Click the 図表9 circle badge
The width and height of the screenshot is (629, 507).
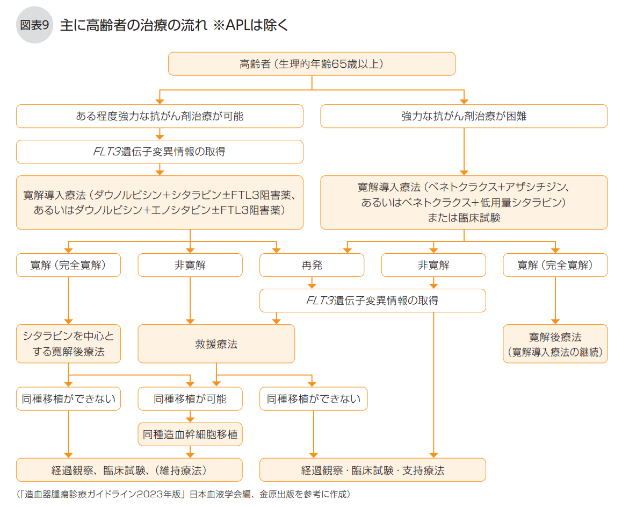click(x=35, y=25)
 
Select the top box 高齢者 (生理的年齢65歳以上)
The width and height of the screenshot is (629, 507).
click(x=312, y=63)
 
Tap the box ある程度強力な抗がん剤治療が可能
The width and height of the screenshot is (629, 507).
click(x=160, y=116)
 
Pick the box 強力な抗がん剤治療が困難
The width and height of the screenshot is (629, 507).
click(x=464, y=116)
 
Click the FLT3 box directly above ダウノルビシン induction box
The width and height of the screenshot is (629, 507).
click(x=160, y=152)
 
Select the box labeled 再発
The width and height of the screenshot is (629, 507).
click(x=312, y=265)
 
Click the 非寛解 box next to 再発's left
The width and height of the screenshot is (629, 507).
click(x=190, y=265)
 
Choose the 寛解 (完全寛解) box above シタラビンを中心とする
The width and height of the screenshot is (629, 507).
click(x=68, y=265)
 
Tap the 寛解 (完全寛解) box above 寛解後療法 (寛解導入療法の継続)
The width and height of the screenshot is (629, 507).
click(x=555, y=265)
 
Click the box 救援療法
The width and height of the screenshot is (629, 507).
click(x=216, y=344)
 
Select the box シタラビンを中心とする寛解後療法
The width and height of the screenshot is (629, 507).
click(x=68, y=344)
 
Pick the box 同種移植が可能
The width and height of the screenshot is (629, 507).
click(x=190, y=399)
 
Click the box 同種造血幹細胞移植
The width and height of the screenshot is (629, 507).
click(x=190, y=434)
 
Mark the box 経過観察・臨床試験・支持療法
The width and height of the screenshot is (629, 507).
click(x=372, y=470)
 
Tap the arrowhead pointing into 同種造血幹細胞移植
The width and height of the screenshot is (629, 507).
click(x=190, y=419)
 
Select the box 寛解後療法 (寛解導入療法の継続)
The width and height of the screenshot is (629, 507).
click(x=555, y=344)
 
